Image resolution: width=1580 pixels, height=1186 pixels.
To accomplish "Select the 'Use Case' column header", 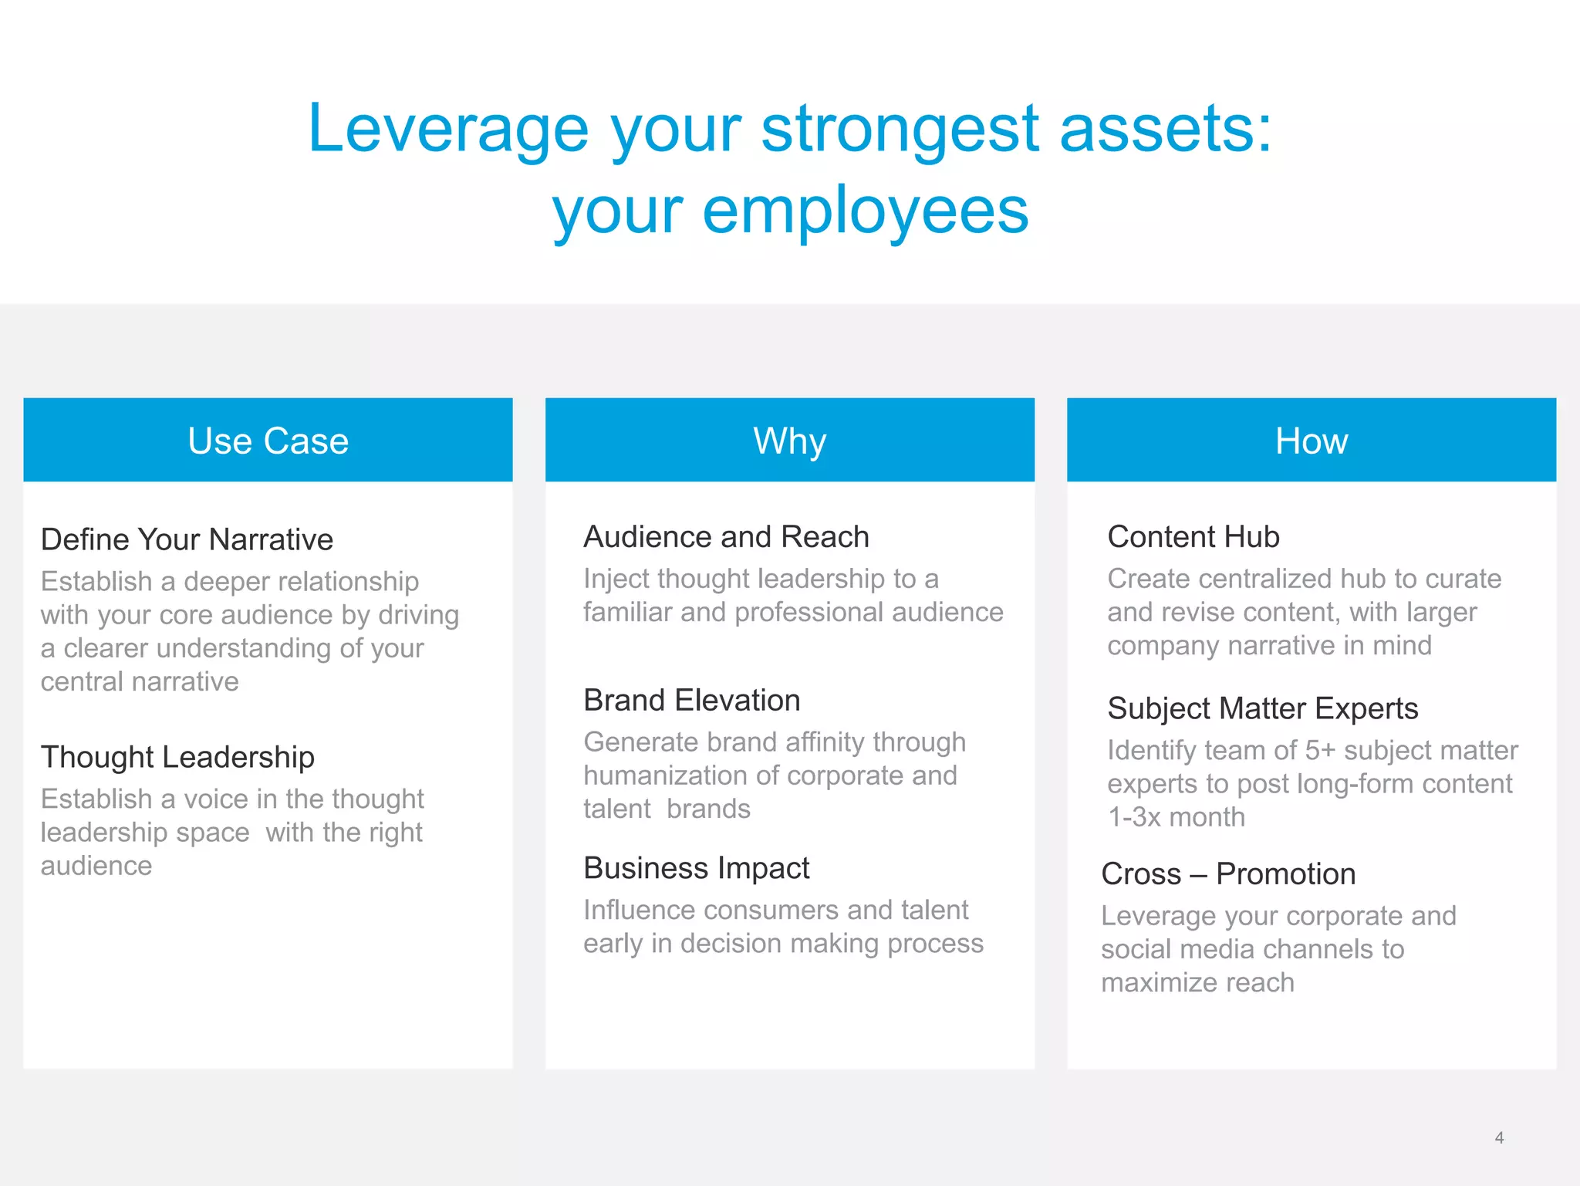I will (x=268, y=441).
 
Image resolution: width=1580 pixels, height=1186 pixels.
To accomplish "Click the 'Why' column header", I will (x=789, y=441).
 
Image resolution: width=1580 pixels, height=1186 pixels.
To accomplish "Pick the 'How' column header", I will (x=1311, y=441).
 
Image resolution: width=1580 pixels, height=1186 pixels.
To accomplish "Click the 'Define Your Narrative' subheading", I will (x=187, y=539).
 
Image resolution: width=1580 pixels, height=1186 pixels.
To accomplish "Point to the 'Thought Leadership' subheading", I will (x=177, y=757).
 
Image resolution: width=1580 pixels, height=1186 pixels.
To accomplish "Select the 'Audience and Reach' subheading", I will (x=726, y=537).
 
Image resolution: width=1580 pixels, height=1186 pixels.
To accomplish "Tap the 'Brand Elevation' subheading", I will (x=691, y=701).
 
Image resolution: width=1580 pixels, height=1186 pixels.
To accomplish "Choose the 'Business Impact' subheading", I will (x=696, y=868).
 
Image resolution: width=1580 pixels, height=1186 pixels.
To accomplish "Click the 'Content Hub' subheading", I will (x=1193, y=537).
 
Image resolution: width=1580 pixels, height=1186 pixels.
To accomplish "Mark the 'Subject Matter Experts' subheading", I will (x=1262, y=708).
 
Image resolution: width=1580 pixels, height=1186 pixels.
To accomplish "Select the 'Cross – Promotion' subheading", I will (x=1227, y=874).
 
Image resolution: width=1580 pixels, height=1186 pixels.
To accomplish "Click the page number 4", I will (x=1499, y=1137).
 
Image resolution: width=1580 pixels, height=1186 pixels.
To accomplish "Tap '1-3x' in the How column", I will (x=1134, y=817).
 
